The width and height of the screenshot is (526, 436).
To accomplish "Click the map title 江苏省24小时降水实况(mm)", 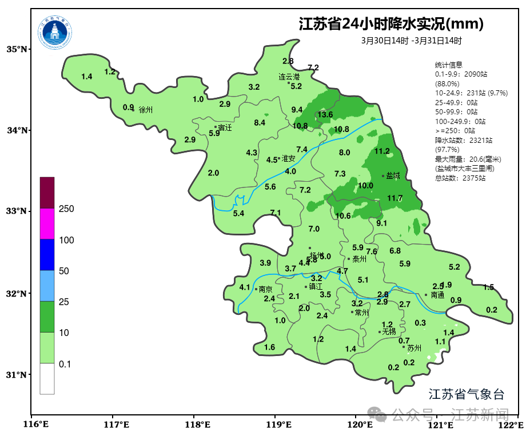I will [391, 25].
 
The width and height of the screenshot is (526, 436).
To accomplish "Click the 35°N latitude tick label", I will [17, 49].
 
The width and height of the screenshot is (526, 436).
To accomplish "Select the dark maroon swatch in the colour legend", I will [47, 193].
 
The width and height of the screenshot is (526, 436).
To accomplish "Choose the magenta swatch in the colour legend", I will [47, 223].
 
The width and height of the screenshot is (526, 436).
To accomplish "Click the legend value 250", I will [66, 209].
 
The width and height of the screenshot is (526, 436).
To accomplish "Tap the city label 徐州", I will [146, 110].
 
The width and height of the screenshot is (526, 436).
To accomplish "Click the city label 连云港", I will [289, 77].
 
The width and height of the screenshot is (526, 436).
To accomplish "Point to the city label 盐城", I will [393, 176].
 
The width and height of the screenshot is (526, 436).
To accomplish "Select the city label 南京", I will [265, 289].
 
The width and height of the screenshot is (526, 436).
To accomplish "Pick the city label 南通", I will [437, 295].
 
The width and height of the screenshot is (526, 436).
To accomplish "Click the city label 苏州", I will [414, 347].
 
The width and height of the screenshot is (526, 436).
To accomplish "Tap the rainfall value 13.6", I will [325, 115].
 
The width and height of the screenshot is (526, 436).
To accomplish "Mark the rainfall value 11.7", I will [395, 198].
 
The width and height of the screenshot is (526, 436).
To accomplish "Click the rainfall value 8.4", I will [260, 123].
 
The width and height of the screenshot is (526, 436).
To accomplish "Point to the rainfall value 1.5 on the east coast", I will [488, 287].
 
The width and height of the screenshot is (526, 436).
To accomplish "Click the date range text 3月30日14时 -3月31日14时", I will [412, 41].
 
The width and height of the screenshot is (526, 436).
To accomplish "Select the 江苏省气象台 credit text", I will [467, 394].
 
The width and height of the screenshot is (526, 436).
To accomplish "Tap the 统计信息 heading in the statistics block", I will [448, 65].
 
